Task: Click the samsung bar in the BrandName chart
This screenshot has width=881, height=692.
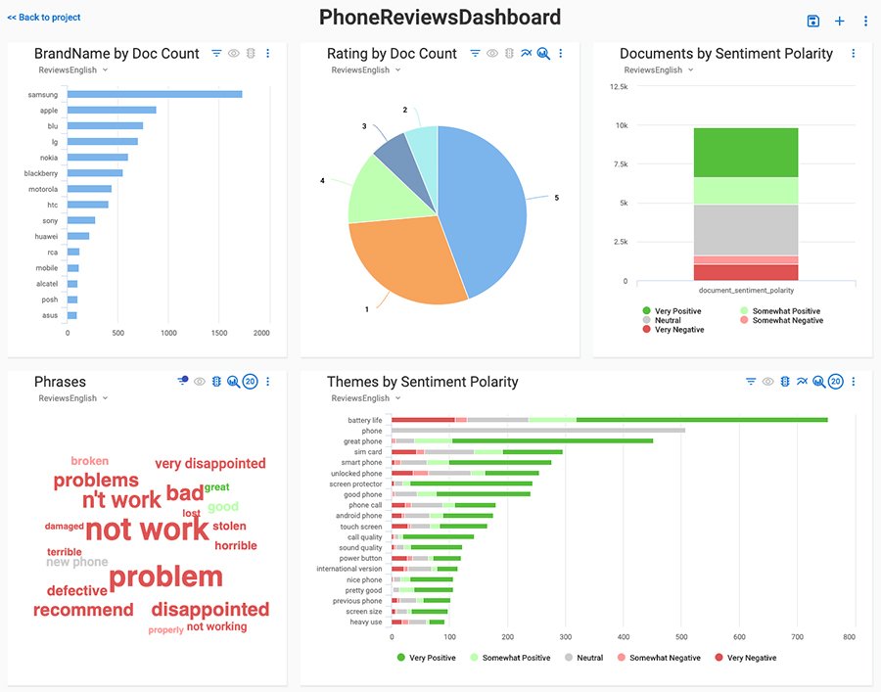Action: [x=155, y=94]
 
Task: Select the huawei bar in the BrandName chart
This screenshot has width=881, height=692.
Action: [x=78, y=236]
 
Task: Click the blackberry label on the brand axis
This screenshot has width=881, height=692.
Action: [x=41, y=173]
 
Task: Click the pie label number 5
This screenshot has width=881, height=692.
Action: [x=556, y=198]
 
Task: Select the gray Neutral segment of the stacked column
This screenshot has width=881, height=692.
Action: [x=746, y=230]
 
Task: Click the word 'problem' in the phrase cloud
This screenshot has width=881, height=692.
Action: [x=165, y=577]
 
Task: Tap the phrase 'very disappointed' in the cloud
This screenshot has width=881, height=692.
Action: [x=210, y=464]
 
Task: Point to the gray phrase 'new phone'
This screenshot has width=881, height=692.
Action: [x=77, y=563]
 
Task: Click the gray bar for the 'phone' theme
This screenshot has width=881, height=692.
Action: [x=538, y=431]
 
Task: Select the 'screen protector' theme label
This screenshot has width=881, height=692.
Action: [x=355, y=484]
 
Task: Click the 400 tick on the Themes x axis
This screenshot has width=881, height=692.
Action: [x=624, y=637]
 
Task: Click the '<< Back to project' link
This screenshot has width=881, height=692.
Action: [x=44, y=18]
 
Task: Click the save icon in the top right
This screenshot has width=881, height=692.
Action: [x=812, y=22]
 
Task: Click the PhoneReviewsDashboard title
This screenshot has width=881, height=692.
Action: [x=440, y=18]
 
